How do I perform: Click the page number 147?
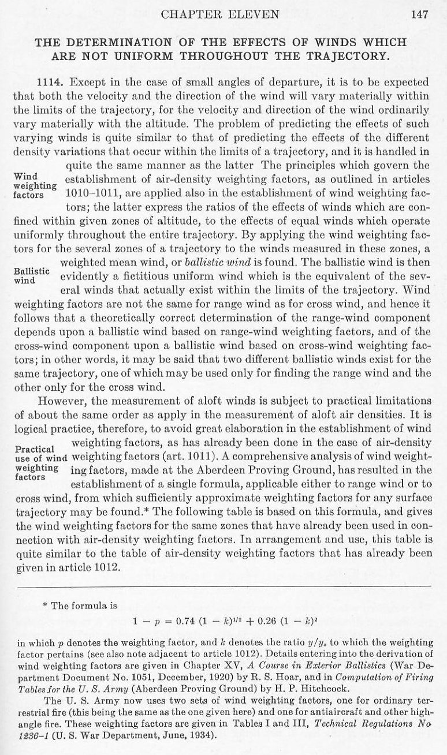419,16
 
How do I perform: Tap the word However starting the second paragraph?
59,400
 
